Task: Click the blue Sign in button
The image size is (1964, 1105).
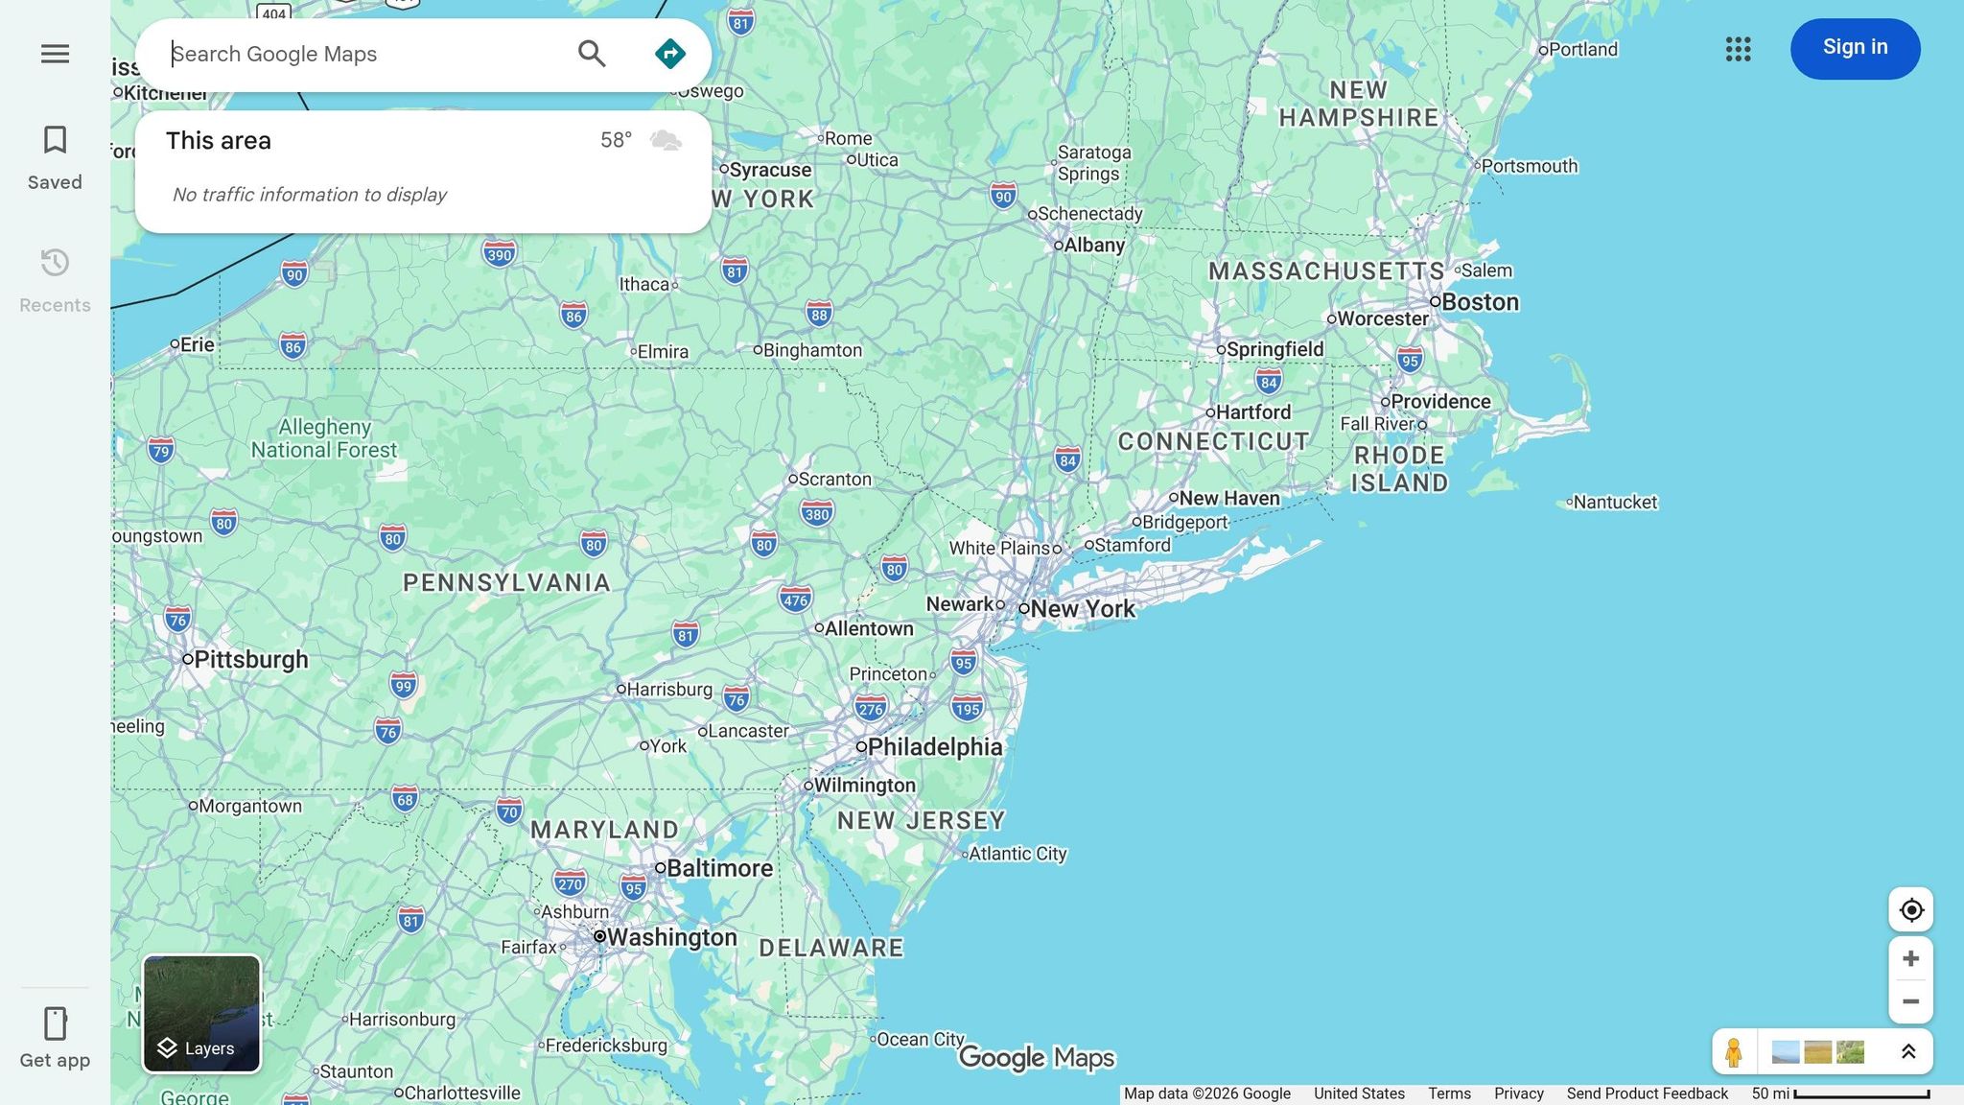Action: click(1855, 48)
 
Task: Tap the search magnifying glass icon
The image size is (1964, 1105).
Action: click(592, 54)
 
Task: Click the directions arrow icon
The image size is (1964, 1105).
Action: click(669, 54)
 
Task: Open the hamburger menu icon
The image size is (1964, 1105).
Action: click(55, 54)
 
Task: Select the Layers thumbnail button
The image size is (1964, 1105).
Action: click(201, 1014)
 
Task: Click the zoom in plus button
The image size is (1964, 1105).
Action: click(1910, 958)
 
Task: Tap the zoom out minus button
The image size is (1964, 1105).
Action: click(1910, 1001)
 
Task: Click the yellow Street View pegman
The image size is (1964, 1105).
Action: click(1734, 1052)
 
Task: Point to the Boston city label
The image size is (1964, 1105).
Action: click(1480, 302)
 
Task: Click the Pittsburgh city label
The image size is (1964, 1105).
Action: click(250, 659)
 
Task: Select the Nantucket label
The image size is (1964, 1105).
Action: click(1615, 502)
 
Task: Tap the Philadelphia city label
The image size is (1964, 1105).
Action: click(934, 746)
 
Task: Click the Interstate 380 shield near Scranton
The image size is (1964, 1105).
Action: click(817, 514)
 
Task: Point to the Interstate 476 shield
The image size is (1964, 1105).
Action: click(795, 600)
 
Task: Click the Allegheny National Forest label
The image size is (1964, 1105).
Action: click(324, 438)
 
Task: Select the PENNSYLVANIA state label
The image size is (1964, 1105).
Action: click(506, 582)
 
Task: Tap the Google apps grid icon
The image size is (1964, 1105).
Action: click(1738, 49)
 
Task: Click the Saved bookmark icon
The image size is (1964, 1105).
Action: click(55, 141)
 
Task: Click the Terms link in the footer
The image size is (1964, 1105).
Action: click(1449, 1093)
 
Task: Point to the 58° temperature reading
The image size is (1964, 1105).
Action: click(616, 140)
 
